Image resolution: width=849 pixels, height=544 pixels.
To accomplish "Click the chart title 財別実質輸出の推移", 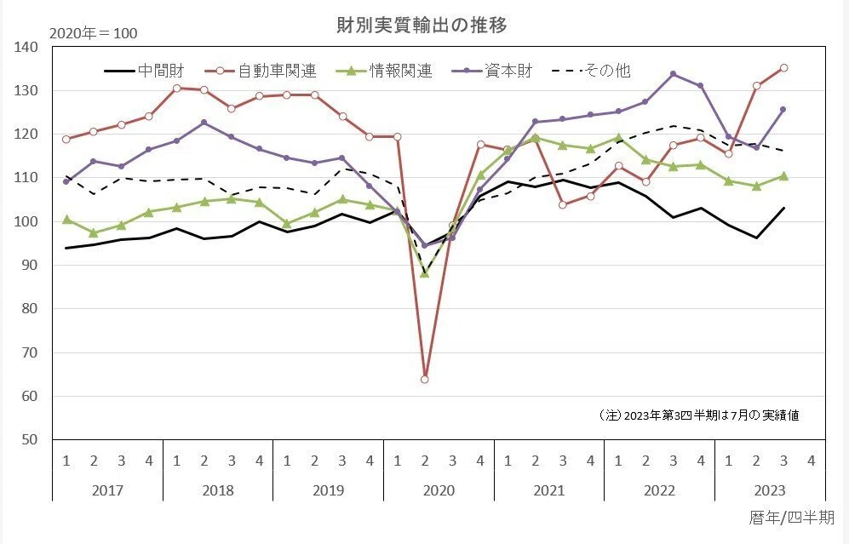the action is click(422, 26).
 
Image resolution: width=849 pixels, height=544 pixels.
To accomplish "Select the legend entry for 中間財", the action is click(144, 71).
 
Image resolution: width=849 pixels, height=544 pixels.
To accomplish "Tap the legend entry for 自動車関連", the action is click(261, 71).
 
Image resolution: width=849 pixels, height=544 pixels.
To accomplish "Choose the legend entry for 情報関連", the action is click(384, 71).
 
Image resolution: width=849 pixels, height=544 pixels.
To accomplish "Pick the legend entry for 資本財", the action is click(492, 71).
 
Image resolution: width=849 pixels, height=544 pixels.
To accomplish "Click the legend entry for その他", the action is click(591, 71).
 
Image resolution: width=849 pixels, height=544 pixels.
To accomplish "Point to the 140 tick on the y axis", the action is click(26, 47).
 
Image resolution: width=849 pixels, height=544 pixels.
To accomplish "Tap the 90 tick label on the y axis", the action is click(30, 266).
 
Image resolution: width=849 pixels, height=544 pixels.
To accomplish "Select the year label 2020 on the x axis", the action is click(439, 490).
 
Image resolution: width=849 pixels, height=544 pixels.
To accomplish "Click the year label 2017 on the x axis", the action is click(108, 490).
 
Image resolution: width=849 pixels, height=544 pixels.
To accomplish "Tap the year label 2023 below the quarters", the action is click(770, 490).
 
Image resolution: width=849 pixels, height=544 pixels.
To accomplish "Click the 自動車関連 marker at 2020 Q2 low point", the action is click(424, 380).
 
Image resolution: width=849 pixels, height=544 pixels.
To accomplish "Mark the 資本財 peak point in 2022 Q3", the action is click(673, 73).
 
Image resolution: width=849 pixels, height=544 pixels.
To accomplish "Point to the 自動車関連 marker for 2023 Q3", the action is click(783, 68).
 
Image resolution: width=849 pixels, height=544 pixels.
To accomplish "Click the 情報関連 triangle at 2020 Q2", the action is click(424, 273).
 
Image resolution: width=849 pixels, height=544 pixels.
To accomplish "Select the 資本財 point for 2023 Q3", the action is click(783, 109).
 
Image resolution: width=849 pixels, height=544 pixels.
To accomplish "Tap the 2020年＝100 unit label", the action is click(93, 33).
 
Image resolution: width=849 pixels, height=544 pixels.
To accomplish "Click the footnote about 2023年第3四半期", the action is click(699, 415).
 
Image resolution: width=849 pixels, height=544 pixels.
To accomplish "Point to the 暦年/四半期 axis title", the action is click(792, 518).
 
